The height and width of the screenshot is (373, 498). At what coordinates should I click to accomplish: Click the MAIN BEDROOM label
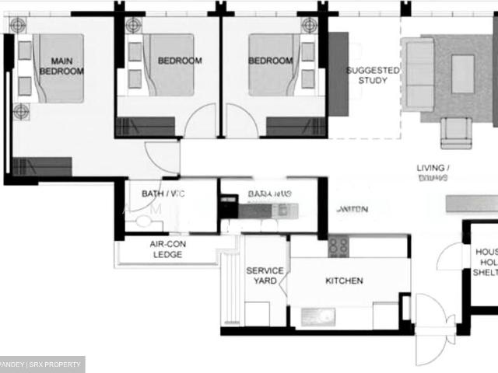tap(61, 66)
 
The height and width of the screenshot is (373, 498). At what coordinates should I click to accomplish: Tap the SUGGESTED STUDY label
tap(373, 75)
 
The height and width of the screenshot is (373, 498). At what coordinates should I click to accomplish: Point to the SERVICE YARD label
tap(265, 276)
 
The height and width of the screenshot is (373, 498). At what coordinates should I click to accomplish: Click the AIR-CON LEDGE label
tap(167, 249)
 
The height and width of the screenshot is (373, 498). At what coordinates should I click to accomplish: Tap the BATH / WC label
tap(163, 193)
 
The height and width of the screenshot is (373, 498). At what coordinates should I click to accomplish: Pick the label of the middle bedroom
tap(180, 61)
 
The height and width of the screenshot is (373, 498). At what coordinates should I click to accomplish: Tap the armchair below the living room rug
tap(456, 131)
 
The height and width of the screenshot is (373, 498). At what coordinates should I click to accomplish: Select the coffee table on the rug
tap(463, 74)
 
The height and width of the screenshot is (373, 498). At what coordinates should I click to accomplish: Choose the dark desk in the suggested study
tap(338, 74)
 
